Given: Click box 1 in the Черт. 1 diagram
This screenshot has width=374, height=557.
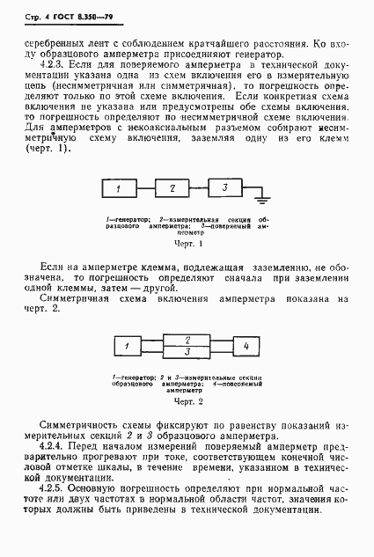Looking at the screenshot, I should pos(118,189).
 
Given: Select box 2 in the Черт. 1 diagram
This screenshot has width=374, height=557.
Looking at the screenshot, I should pos(173,189).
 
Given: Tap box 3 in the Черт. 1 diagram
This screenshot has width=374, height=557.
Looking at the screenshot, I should pos(225,188).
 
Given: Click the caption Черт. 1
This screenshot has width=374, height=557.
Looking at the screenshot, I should pos(187,242).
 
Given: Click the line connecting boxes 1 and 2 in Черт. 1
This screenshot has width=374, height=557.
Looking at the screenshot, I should pos(145,189).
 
